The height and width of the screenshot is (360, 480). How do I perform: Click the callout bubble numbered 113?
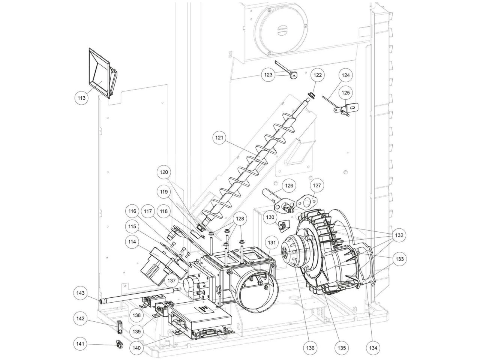coord(81,98)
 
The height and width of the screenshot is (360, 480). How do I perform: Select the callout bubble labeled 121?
coord(219,138)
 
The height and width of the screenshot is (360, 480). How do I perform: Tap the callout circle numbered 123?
coord(268,75)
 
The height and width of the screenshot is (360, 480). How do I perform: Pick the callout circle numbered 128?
coord(240,218)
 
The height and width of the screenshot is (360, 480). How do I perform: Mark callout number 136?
coord(310,347)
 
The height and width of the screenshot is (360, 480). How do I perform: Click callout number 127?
coord(317,185)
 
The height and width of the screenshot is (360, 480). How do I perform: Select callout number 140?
coord(136,347)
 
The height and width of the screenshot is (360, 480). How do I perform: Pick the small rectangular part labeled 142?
coord(120,327)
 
